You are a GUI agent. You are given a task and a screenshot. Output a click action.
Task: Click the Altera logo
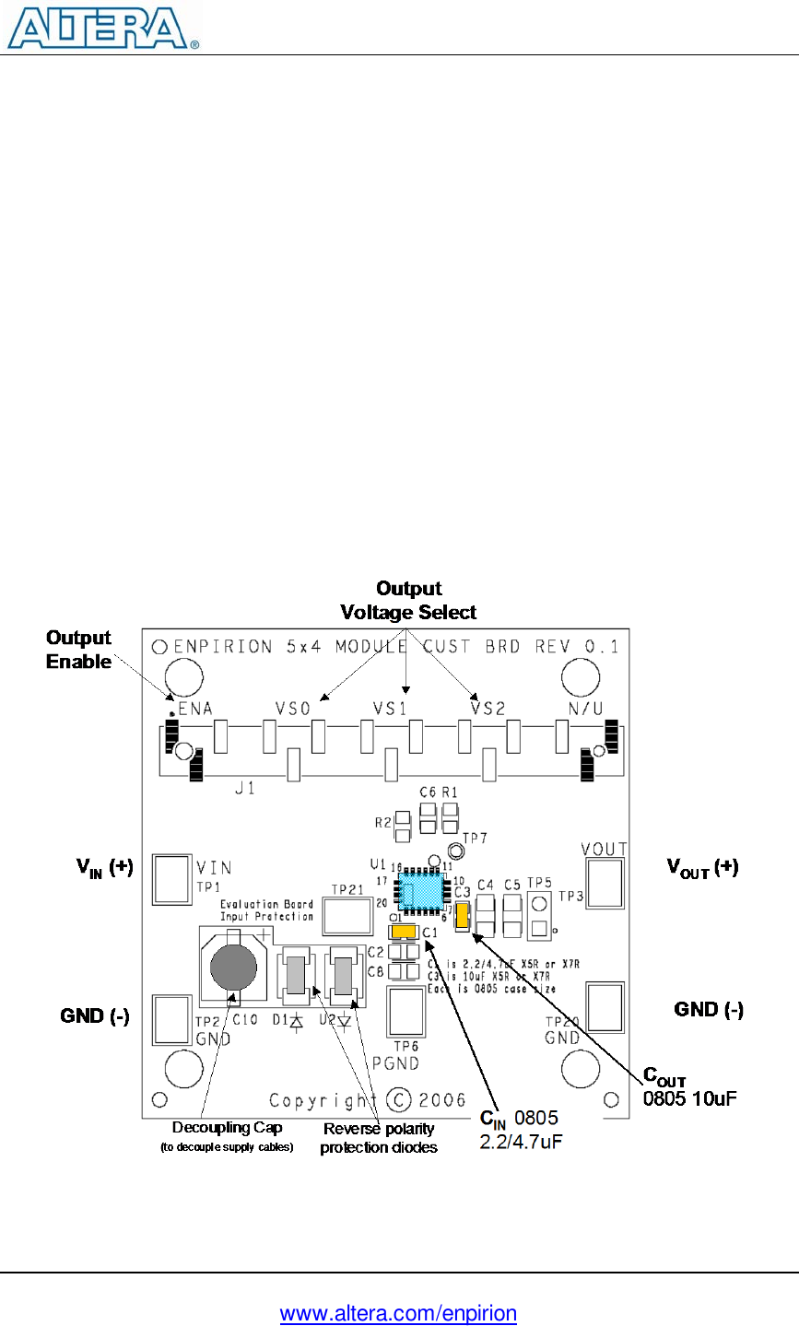[102, 28]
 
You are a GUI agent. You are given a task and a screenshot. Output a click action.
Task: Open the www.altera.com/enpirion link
[398, 1313]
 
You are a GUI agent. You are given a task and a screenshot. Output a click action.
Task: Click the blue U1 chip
[422, 891]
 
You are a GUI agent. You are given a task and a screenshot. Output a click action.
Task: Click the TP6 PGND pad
[405, 1012]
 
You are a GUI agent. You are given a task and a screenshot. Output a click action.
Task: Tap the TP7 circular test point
[453, 851]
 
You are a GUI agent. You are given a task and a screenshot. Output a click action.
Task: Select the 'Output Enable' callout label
[78, 650]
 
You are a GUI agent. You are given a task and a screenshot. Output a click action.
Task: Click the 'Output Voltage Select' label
[408, 601]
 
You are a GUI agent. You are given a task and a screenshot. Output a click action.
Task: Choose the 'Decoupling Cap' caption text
[227, 1128]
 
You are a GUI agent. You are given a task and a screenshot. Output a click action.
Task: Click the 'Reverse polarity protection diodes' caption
[378, 1138]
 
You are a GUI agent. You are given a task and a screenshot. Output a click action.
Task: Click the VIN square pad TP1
[172, 879]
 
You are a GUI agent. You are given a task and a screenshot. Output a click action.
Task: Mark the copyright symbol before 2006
[398, 1100]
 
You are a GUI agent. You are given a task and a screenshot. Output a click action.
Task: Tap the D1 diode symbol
[297, 1020]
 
